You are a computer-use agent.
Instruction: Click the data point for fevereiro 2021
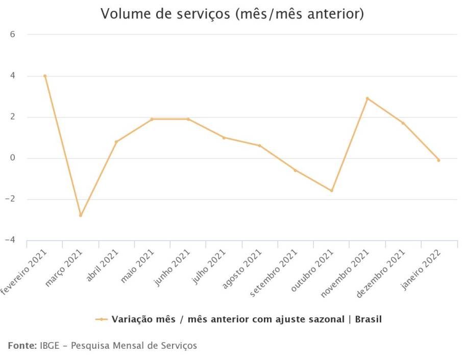[x=45, y=76]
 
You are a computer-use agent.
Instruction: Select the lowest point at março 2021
[x=81, y=215]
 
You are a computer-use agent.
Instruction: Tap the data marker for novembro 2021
[x=367, y=99]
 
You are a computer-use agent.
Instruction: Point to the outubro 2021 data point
[x=331, y=191]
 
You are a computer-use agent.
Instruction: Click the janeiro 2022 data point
[x=438, y=160]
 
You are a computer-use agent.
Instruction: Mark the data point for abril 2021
[x=116, y=141]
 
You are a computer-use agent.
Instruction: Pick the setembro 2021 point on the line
[x=296, y=170]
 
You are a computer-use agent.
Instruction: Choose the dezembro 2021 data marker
[x=403, y=123]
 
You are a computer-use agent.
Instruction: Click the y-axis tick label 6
[x=13, y=35]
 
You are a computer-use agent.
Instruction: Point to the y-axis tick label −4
[x=11, y=240]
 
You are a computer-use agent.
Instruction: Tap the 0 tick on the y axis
[x=13, y=158]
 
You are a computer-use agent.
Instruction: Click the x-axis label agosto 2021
[x=244, y=268]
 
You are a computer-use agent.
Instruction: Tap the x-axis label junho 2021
[x=173, y=267]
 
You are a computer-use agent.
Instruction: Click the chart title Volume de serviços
[x=232, y=14]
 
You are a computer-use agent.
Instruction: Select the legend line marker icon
[x=101, y=319]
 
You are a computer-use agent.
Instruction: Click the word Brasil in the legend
[x=368, y=319]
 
